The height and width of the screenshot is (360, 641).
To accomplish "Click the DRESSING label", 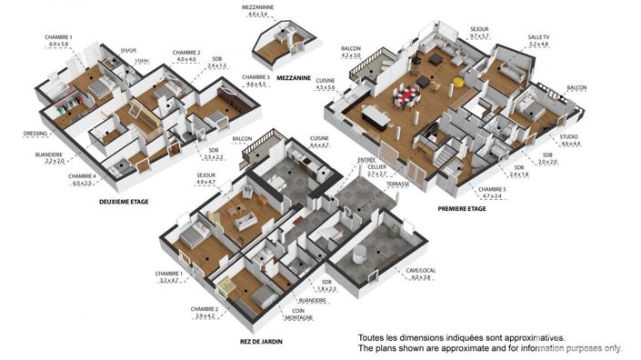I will pos(35,133).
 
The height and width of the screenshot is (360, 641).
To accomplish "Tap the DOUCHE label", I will pos(128,50).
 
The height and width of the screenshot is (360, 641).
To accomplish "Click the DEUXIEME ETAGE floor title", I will pos(124,201).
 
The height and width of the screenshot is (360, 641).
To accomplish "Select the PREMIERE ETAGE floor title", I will pos(461,208).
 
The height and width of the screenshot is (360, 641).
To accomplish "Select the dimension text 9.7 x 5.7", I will pos(479,35).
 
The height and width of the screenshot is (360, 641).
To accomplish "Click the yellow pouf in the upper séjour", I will pos(460,83).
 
